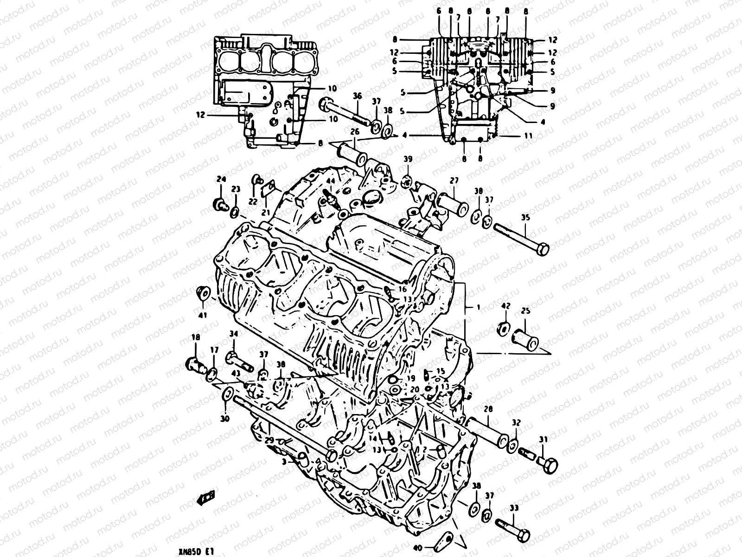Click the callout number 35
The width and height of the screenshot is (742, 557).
click(x=525, y=218)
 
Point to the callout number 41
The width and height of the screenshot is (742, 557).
click(x=203, y=315)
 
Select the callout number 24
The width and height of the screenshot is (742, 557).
click(x=221, y=180)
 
